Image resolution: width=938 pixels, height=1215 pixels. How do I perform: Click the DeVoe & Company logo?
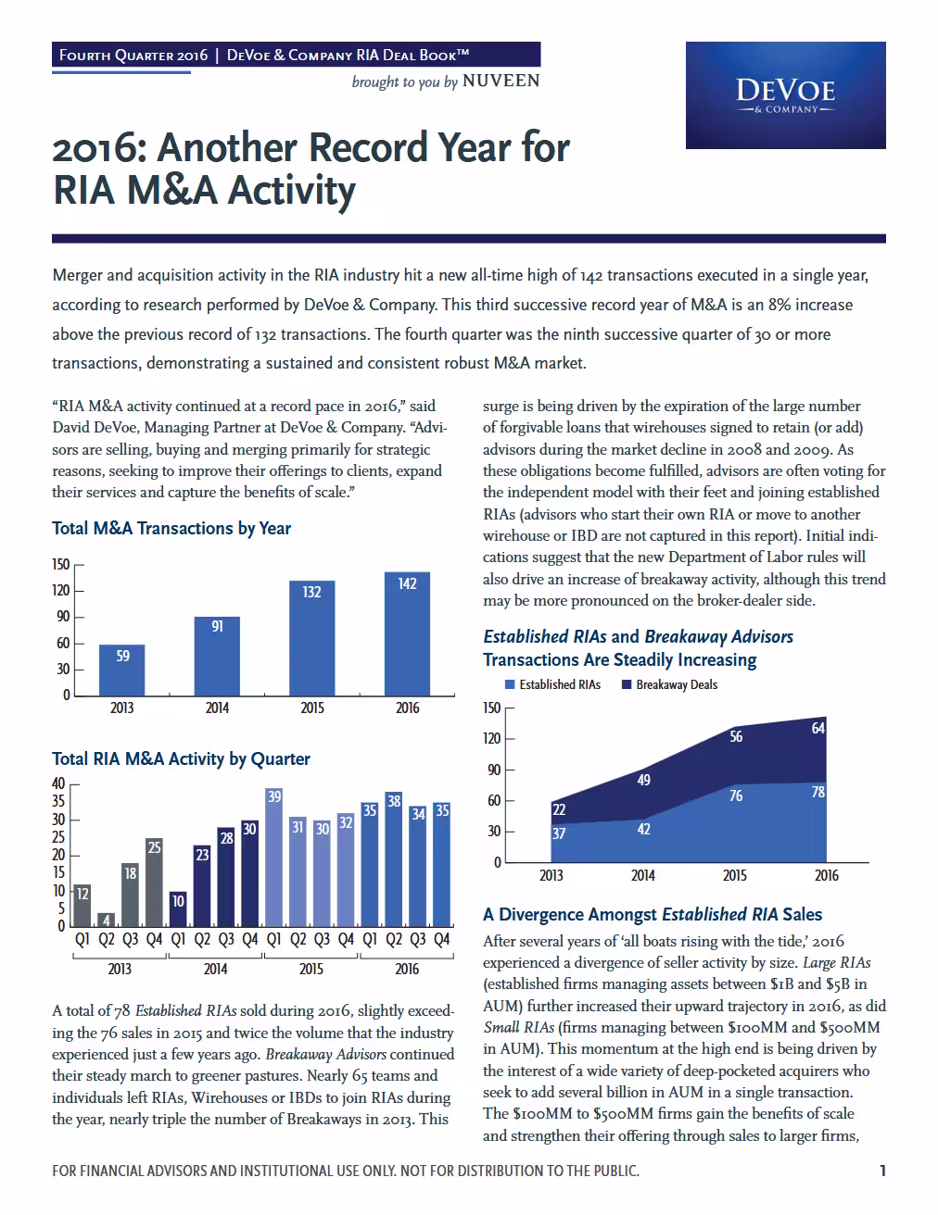pyautogui.click(x=785, y=95)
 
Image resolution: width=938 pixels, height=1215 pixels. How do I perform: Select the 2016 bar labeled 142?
pyautogui.click(x=407, y=633)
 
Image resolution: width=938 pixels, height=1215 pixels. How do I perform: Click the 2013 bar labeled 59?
pyautogui.click(x=121, y=670)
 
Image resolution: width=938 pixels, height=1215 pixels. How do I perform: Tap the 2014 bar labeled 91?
pyautogui.click(x=217, y=656)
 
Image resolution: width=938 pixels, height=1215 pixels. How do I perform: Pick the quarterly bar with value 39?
pyautogui.click(x=273, y=858)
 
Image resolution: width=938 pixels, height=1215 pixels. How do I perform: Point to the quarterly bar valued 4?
pyautogui.click(x=106, y=920)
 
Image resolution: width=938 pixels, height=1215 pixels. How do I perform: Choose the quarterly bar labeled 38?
pyautogui.click(x=393, y=859)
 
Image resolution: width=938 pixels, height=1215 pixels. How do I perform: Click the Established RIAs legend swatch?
pyautogui.click(x=509, y=684)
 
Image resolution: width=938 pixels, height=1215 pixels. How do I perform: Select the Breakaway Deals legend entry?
pyautogui.click(x=669, y=684)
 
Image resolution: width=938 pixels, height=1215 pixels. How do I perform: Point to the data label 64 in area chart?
pyautogui.click(x=818, y=728)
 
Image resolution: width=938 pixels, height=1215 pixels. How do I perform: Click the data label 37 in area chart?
pyautogui.click(x=559, y=833)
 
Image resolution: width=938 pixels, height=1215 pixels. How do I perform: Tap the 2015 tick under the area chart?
pyautogui.click(x=734, y=875)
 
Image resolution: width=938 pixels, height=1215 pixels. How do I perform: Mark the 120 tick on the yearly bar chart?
pyautogui.click(x=60, y=591)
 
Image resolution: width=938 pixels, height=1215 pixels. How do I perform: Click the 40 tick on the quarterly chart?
pyautogui.click(x=58, y=783)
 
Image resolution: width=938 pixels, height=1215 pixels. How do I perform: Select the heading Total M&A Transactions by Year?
pyautogui.click(x=171, y=529)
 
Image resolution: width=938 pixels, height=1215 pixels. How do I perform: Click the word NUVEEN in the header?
pyautogui.click(x=501, y=81)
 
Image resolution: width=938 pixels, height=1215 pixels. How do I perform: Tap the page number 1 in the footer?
pyautogui.click(x=882, y=1171)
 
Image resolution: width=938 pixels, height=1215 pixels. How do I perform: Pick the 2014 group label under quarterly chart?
pyautogui.click(x=215, y=969)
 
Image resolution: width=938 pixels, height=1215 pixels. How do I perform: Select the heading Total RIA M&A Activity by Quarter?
pyautogui.click(x=181, y=758)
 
